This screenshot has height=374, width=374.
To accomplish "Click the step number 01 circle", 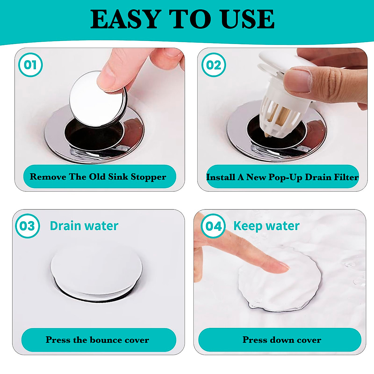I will point(30,65).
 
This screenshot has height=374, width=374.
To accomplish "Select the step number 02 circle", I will point(213,65).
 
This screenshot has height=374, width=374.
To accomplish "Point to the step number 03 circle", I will point(27,226).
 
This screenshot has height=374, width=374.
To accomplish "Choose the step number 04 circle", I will point(213,226).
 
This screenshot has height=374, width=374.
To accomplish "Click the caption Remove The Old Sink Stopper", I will point(98,177).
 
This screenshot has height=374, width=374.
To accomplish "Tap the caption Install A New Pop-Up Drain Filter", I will point(282,177).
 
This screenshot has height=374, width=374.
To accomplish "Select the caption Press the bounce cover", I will point(97,340).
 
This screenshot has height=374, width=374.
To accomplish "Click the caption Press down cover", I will point(282,340).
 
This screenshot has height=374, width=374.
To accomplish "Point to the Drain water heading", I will point(84,226).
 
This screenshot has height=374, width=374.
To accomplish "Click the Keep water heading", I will point(266,226).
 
